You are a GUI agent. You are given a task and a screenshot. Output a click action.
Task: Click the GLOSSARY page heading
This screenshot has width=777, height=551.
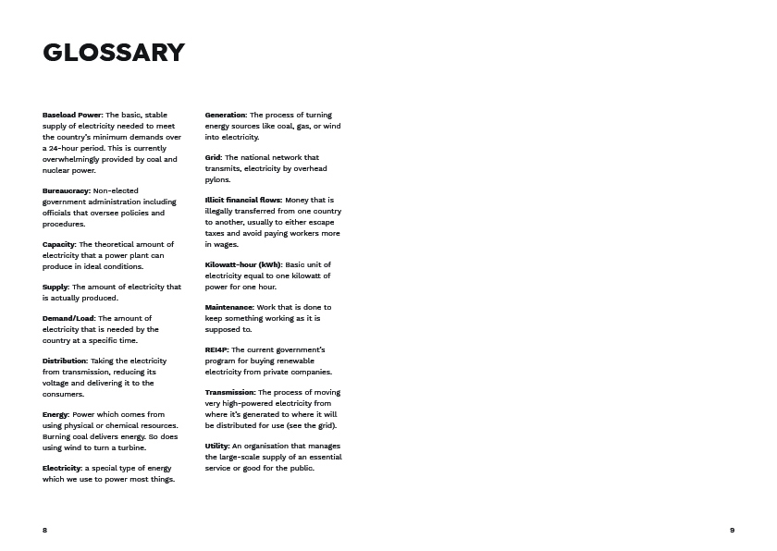[x=114, y=53]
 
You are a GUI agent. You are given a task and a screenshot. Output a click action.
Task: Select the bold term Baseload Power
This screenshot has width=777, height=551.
[x=72, y=115]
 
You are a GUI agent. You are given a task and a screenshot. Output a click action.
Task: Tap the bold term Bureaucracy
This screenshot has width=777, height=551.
[x=66, y=190]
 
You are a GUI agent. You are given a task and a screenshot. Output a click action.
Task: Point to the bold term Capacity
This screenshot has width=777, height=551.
[x=59, y=244]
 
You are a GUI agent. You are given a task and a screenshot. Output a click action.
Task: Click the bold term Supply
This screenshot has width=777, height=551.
[x=55, y=287]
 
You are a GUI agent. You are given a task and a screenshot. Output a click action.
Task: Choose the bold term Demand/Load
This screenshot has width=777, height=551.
[x=68, y=318]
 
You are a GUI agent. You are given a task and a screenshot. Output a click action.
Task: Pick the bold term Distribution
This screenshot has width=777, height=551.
[x=65, y=361]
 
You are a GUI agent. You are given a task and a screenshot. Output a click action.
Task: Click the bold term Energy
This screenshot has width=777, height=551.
[x=55, y=414]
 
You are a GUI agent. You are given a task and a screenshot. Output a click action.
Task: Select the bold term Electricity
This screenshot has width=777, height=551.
[x=62, y=468]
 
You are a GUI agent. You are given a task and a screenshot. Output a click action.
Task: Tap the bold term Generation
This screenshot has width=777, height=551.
[x=225, y=115]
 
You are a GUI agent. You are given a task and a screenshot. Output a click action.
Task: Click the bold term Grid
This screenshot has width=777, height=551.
[x=213, y=157]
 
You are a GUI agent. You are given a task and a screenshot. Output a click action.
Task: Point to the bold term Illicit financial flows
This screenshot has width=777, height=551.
[x=243, y=200]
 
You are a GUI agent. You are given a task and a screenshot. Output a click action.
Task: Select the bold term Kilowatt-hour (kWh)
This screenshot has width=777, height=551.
[x=243, y=264]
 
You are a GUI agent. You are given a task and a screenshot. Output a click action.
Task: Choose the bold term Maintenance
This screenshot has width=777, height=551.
[x=228, y=307]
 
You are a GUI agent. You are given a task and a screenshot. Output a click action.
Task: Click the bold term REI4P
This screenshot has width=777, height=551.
[x=216, y=349]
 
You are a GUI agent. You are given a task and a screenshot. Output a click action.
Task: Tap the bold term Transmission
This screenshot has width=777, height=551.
[x=230, y=392]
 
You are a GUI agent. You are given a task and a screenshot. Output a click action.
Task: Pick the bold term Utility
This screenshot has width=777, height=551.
[x=216, y=446]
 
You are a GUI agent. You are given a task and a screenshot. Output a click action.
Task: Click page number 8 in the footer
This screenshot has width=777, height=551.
[x=44, y=530]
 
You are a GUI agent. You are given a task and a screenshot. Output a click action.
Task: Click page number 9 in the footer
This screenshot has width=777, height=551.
[x=732, y=530]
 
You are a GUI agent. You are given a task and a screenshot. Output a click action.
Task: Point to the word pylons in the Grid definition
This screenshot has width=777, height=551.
[x=217, y=179]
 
